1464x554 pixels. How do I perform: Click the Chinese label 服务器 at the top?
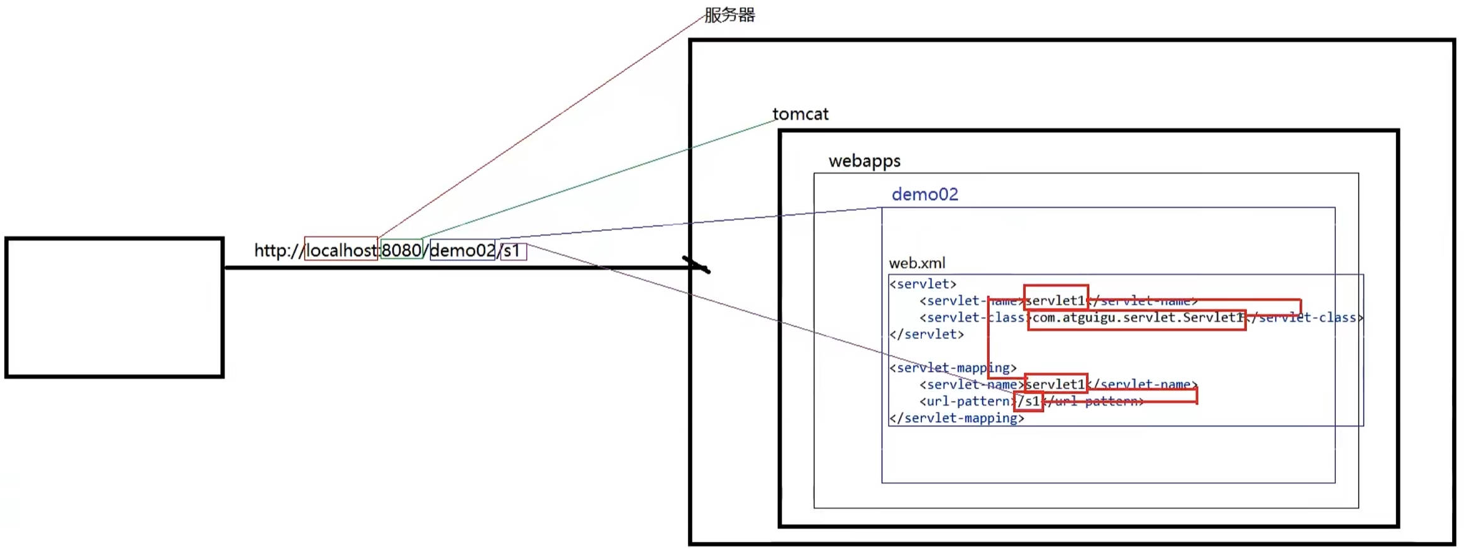(x=729, y=15)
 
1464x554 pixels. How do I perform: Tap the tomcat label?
(x=800, y=114)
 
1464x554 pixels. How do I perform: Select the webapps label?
(x=864, y=161)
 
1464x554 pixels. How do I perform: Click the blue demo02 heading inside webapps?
(x=924, y=194)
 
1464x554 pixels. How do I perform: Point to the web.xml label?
(x=916, y=263)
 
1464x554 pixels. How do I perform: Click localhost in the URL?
(x=341, y=250)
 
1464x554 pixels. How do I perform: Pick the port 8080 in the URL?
(x=401, y=250)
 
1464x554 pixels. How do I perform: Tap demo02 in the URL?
(x=462, y=250)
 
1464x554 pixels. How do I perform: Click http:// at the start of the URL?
(x=277, y=250)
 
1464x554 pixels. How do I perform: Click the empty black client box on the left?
(x=114, y=307)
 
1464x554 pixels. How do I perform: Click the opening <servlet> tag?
(x=923, y=284)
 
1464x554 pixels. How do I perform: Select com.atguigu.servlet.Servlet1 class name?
(x=1137, y=318)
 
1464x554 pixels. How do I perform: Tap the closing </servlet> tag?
(x=926, y=335)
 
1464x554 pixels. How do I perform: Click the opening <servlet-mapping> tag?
(x=953, y=368)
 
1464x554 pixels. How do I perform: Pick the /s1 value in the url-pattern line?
(x=1028, y=401)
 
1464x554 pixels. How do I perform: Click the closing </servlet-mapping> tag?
(x=957, y=418)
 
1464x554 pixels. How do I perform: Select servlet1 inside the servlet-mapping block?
(x=1055, y=384)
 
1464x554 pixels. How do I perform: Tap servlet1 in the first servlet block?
(x=1055, y=301)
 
